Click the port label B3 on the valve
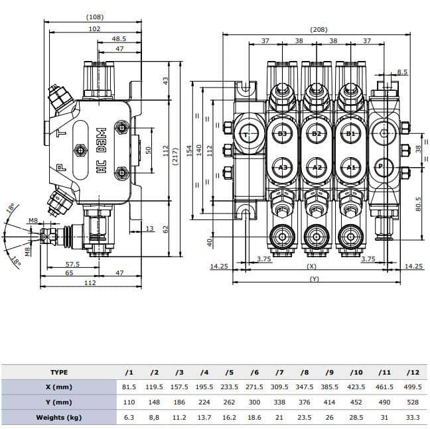[x=283, y=134]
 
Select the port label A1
[x=351, y=167]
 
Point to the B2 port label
[x=317, y=134]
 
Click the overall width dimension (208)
[x=319, y=30]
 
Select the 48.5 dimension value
[x=119, y=39]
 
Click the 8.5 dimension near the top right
[x=402, y=72]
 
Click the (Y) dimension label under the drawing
[x=315, y=279]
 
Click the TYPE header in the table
[x=59, y=372]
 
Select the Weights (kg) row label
[x=59, y=417]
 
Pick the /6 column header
[x=255, y=372]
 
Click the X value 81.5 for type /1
[x=129, y=387]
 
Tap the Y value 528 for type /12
[x=412, y=402]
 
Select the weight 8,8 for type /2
[x=155, y=417]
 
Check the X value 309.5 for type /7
[x=280, y=387]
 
